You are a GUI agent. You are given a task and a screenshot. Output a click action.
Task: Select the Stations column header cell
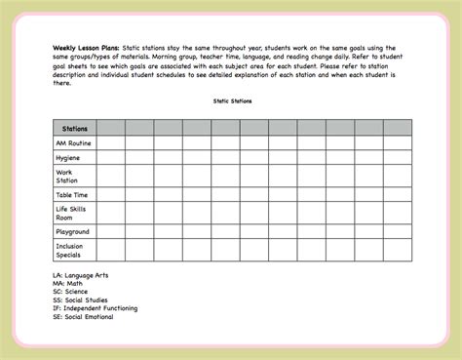[74, 127]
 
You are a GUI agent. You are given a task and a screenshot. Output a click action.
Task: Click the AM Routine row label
[74, 142]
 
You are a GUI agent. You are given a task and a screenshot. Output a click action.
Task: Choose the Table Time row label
[72, 195]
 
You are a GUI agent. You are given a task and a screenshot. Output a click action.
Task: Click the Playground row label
[73, 232]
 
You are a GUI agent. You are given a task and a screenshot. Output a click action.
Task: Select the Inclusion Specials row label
[71, 251]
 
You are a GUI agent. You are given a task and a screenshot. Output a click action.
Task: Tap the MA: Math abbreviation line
[71, 284]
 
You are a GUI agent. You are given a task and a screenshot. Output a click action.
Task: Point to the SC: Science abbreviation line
[75, 292]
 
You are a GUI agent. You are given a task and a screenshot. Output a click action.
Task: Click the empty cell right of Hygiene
[110, 158]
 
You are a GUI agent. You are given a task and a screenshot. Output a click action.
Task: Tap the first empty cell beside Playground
[110, 232]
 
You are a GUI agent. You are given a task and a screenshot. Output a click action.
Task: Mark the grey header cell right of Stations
[110, 127]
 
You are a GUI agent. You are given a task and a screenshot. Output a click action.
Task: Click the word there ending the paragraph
[62, 84]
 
